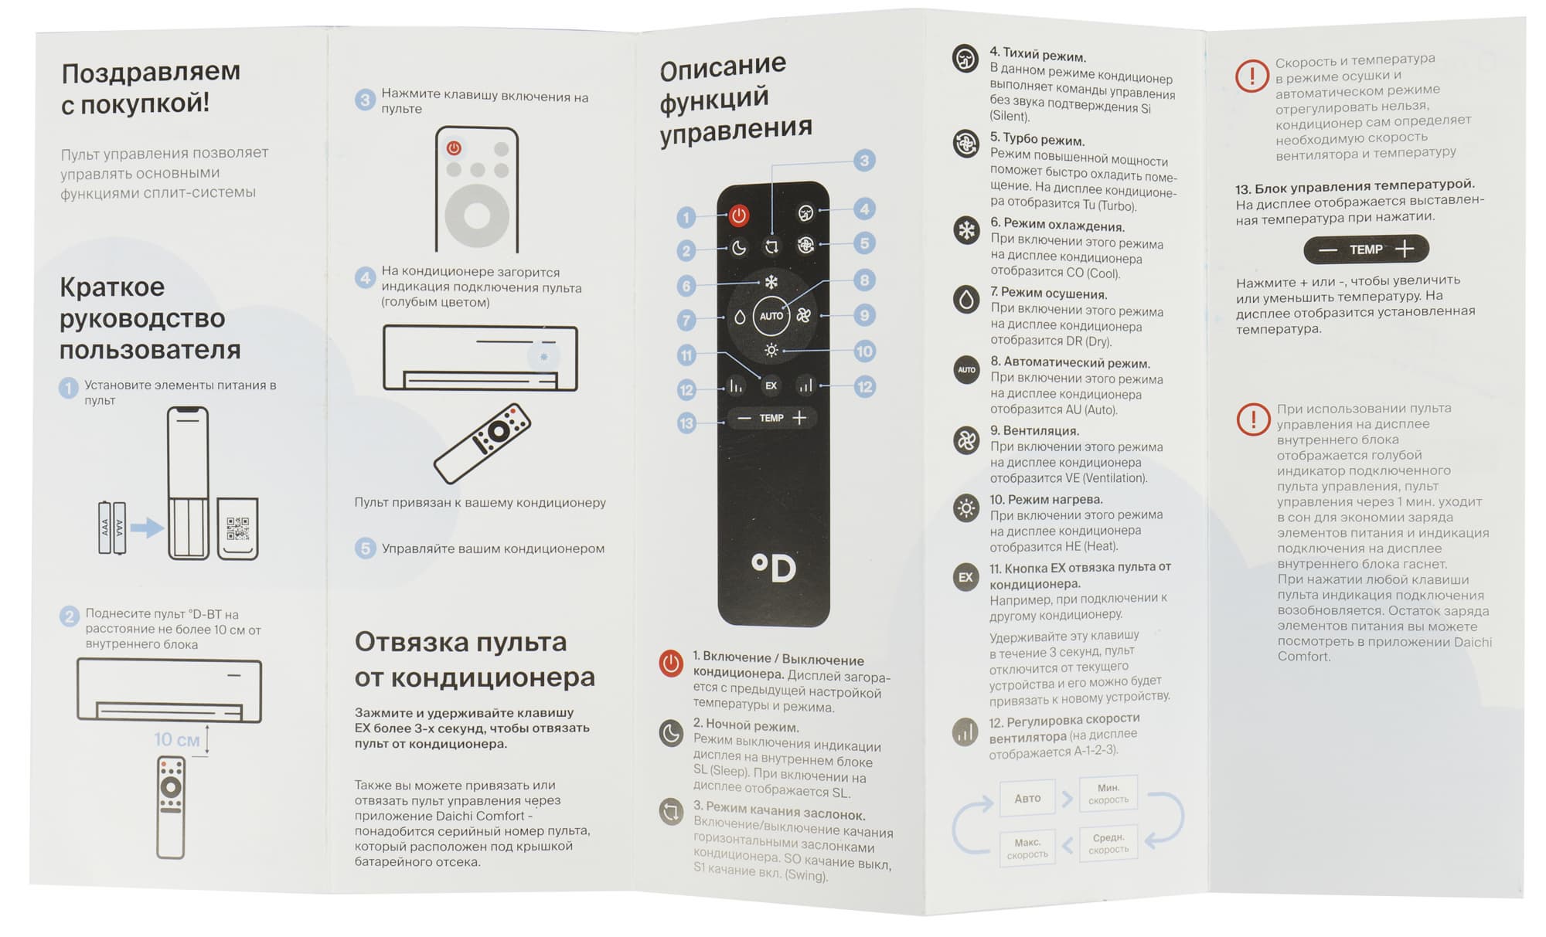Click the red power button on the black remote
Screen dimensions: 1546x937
coord(738,216)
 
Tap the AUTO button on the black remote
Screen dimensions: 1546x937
coord(771,316)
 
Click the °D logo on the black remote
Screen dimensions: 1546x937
coord(774,568)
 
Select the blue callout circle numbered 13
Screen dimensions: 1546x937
coord(686,423)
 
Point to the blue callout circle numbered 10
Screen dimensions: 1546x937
coord(864,351)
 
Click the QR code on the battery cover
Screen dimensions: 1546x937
coord(238,529)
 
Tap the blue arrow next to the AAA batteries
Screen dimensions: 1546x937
coord(147,528)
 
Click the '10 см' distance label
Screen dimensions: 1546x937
coord(176,739)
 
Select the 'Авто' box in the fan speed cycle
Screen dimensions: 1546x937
coord(1027,798)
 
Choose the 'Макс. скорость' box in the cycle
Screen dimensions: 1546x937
coord(1027,848)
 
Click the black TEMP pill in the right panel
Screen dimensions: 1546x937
coord(1366,250)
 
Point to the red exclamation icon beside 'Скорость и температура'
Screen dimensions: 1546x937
coord(1252,76)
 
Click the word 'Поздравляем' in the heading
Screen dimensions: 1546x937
coord(151,72)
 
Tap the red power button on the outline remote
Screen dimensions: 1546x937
coord(454,148)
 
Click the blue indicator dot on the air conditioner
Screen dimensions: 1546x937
coord(544,356)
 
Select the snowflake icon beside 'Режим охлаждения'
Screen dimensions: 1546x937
coord(966,230)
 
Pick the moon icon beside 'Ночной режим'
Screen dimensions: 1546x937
coord(671,732)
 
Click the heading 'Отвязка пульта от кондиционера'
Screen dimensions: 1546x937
coord(475,659)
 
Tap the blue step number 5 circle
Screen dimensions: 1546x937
coord(365,548)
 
